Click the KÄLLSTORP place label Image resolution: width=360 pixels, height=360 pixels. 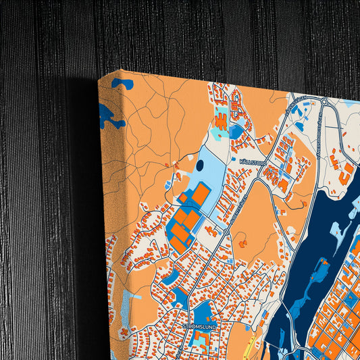pos(253,162)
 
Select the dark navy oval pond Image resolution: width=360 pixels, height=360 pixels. pos(199,165)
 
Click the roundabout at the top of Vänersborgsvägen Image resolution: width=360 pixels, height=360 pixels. pos(325,102)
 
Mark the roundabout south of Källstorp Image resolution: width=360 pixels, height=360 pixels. pos(227,232)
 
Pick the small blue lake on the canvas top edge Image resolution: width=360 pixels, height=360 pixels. pos(122,84)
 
